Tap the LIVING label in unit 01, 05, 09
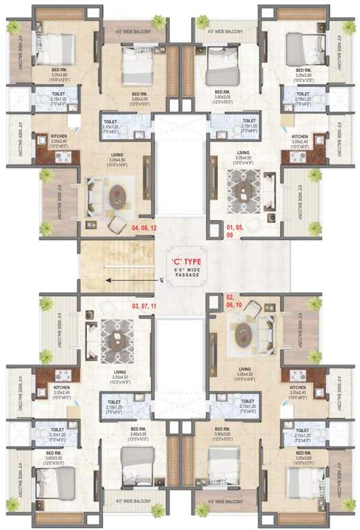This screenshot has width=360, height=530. (x=243, y=153)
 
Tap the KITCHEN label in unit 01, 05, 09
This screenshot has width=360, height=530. (x=300, y=137)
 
